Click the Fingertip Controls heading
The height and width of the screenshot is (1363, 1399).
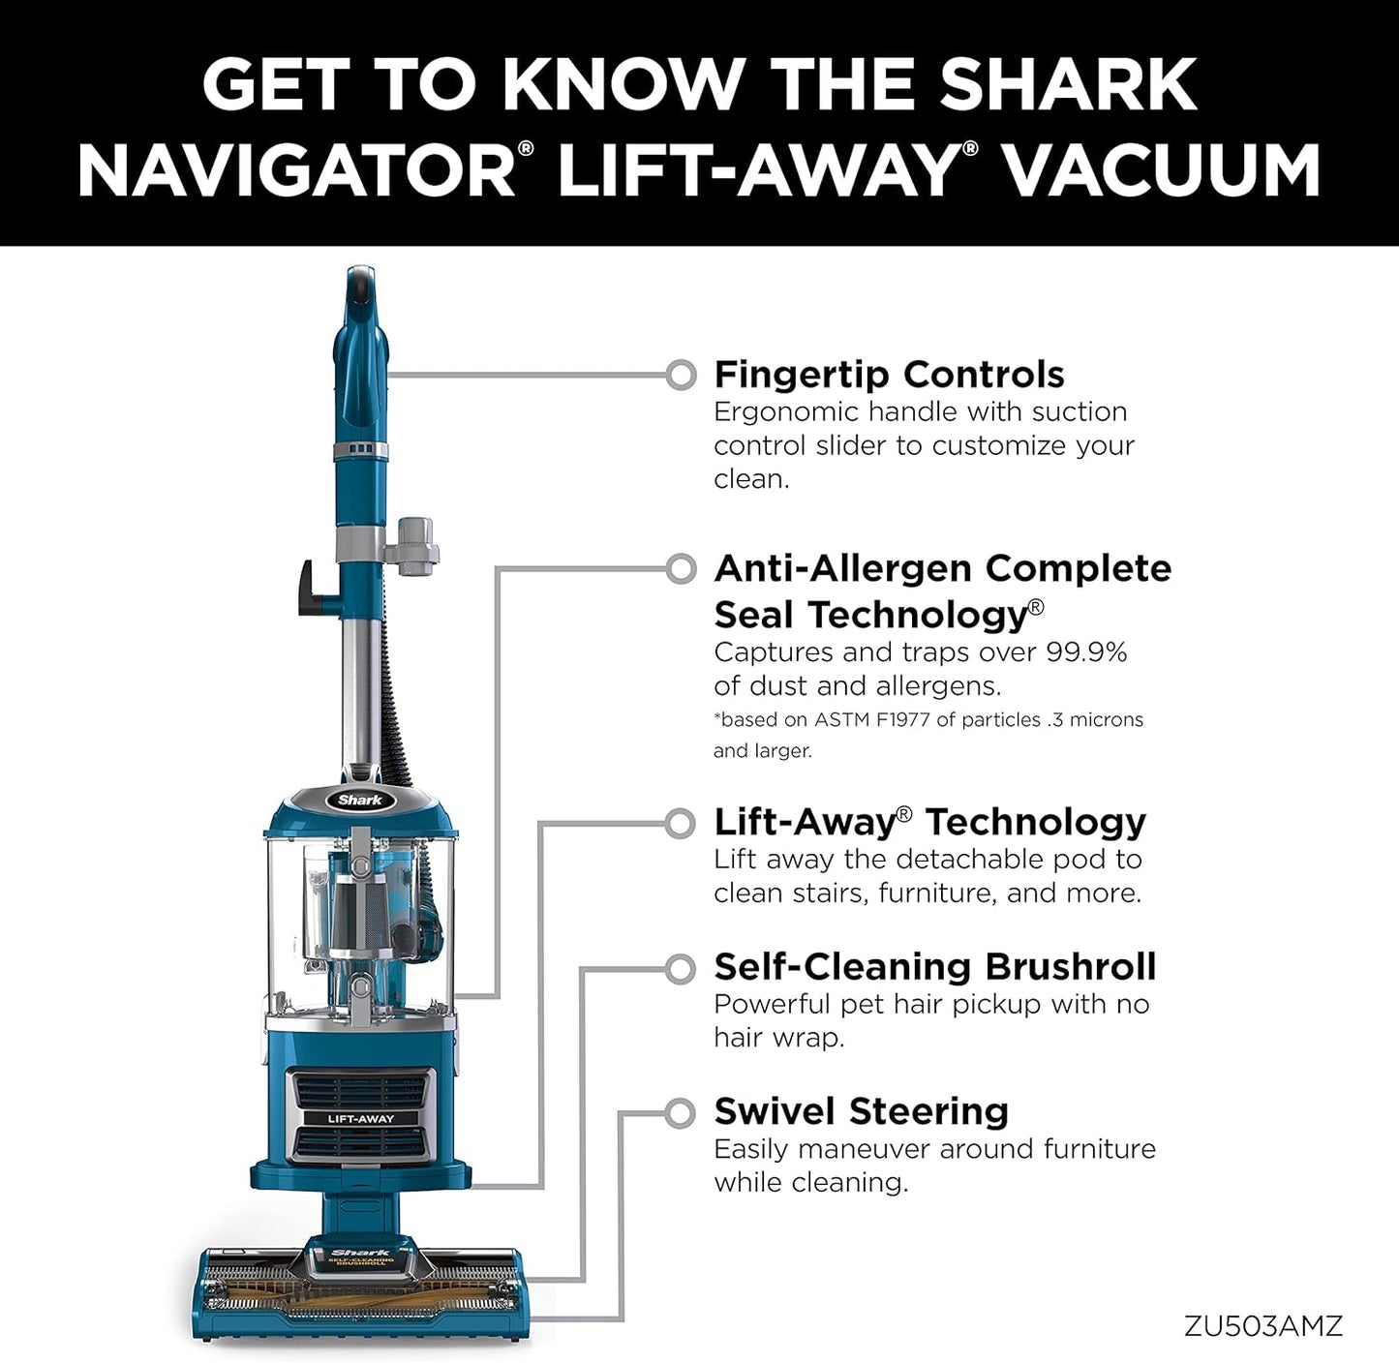tap(889, 375)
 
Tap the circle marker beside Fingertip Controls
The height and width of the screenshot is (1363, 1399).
tap(682, 375)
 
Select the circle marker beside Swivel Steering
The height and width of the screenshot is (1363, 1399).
tap(682, 1113)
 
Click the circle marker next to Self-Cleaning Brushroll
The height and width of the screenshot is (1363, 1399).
tap(682, 968)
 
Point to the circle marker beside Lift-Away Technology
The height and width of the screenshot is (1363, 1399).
tap(682, 824)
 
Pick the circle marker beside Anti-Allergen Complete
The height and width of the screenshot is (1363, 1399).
tap(682, 569)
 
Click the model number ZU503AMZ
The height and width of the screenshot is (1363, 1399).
tap(1262, 1325)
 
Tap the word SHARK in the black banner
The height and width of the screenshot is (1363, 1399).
tap(1068, 84)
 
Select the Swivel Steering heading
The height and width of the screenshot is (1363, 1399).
tap(861, 1111)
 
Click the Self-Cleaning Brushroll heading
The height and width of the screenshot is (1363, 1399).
tap(934, 967)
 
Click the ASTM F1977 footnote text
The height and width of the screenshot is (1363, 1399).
tap(928, 720)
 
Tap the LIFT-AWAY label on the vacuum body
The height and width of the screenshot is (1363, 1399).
tap(361, 1119)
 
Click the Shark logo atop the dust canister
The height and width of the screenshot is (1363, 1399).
tap(360, 800)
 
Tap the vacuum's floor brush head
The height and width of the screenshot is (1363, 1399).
tap(360, 1292)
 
